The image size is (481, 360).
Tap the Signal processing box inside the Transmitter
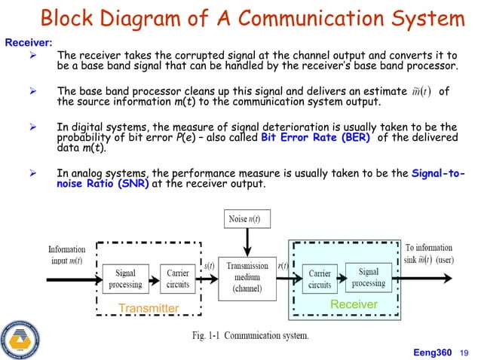125,279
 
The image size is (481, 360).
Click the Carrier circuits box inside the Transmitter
178,279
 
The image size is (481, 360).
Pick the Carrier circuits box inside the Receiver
320,279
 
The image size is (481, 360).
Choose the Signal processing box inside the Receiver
369,277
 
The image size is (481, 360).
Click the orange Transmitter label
149,308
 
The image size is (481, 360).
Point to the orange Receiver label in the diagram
354,304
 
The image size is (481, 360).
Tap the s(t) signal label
210,266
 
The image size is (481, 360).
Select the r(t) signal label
283,266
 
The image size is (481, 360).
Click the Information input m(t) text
66,255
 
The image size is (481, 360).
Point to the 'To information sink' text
427,247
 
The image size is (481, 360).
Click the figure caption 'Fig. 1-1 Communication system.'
246,335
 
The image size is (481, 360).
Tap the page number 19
464,350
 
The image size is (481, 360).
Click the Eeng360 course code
431,350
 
